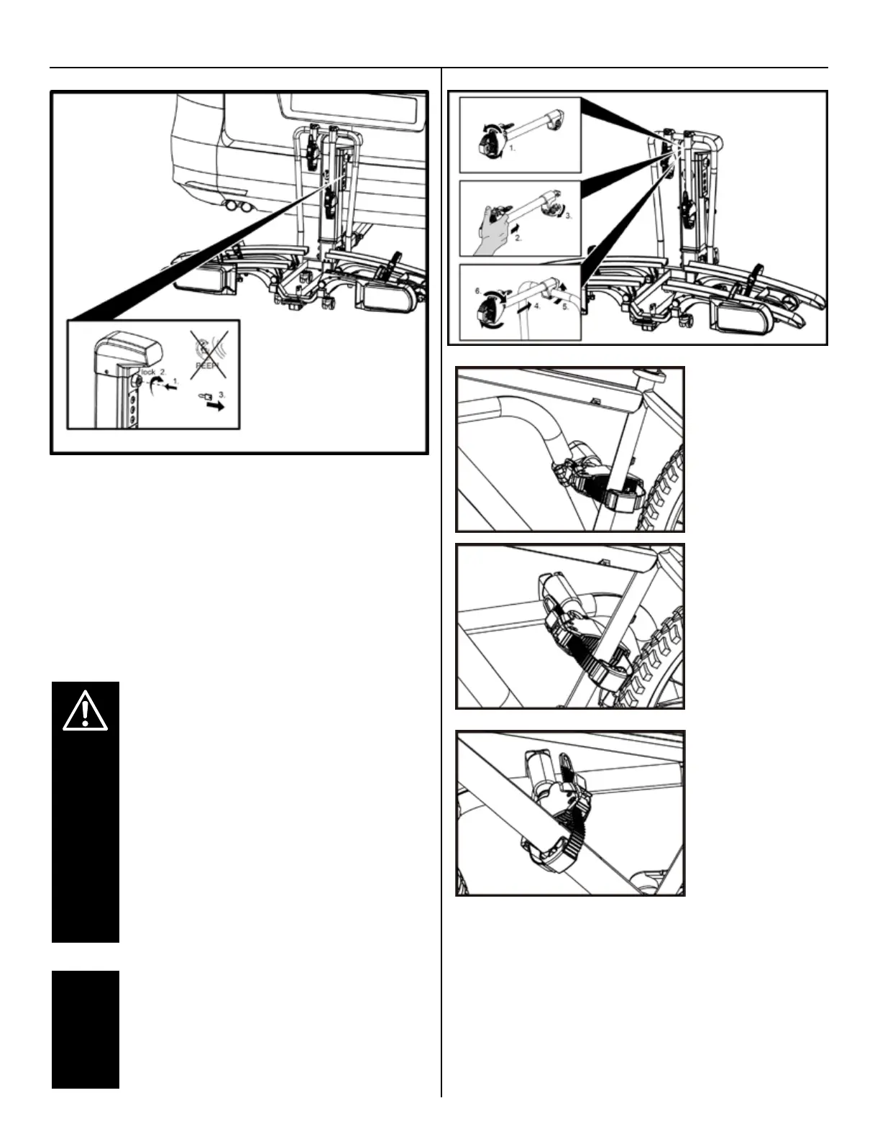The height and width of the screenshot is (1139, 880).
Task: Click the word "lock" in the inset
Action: click(x=147, y=372)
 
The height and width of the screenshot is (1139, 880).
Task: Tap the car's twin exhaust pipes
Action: click(x=238, y=209)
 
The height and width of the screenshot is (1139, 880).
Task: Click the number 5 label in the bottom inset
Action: click(x=565, y=307)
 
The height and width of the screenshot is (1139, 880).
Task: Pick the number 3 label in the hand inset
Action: click(x=568, y=214)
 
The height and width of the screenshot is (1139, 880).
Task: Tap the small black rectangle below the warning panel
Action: click(x=85, y=1028)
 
